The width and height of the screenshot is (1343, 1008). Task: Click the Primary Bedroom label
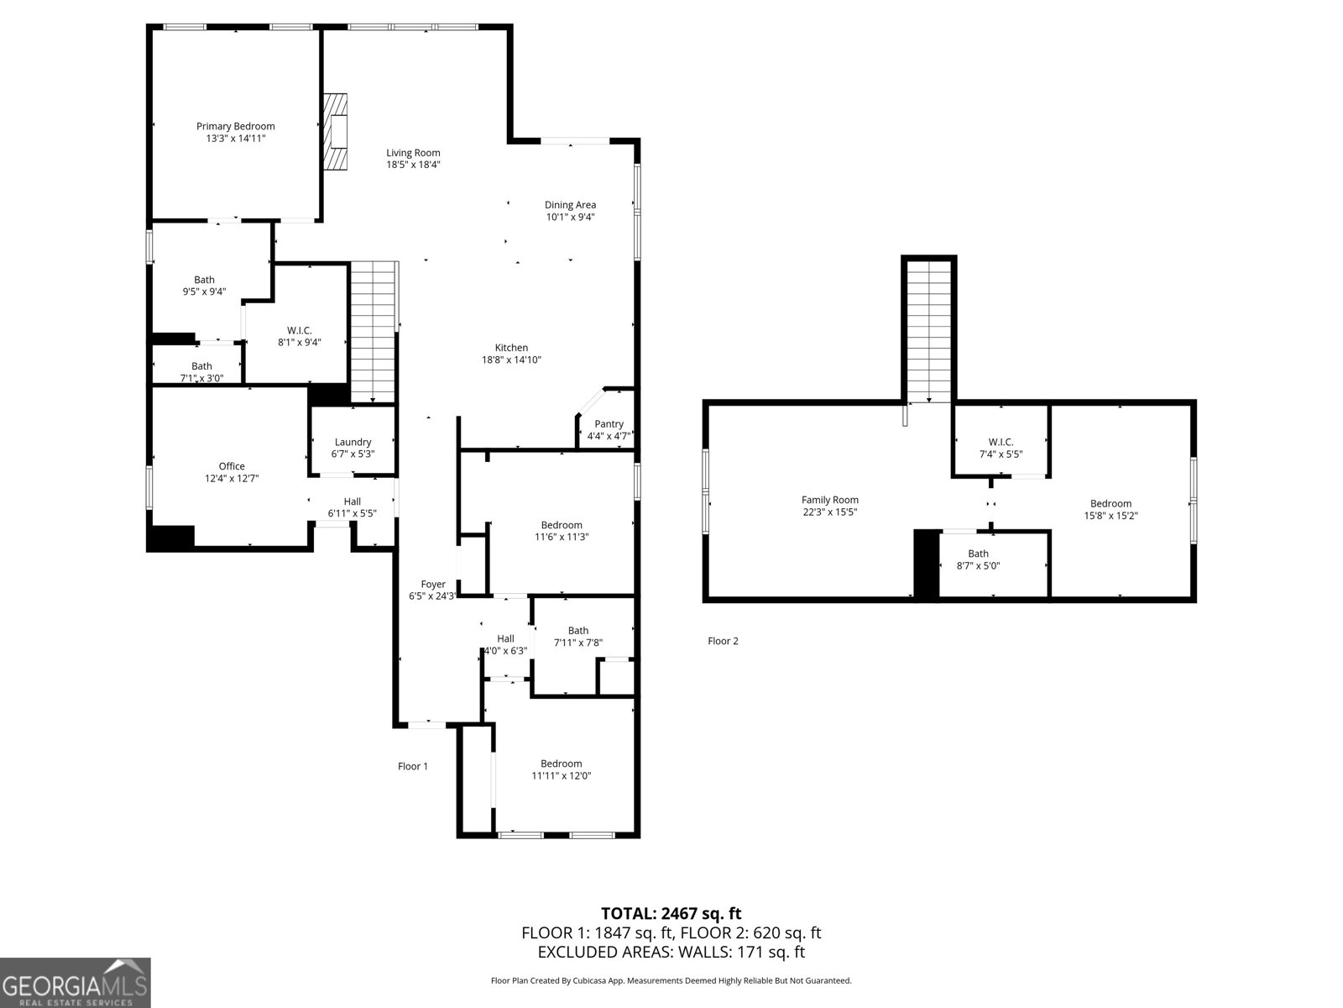[x=236, y=127]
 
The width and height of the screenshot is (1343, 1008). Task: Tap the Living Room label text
[x=413, y=153]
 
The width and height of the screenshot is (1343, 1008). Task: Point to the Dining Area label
[x=571, y=205]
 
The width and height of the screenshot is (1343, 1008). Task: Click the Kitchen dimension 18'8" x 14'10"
[x=511, y=360]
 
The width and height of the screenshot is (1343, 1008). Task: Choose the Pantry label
[x=609, y=424]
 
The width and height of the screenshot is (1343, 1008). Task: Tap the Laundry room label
[x=353, y=442]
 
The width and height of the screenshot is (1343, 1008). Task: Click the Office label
[x=232, y=466]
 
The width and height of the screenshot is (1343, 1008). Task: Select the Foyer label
[x=433, y=585]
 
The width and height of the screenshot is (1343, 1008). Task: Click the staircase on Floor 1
[x=373, y=332]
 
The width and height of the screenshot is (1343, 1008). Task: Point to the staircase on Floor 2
[x=929, y=329]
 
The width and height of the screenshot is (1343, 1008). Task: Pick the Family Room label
[x=830, y=500]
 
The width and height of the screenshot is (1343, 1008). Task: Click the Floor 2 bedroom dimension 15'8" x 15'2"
[x=1110, y=516]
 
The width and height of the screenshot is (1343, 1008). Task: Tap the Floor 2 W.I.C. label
[x=1001, y=442]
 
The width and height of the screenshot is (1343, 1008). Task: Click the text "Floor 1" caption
[x=413, y=766]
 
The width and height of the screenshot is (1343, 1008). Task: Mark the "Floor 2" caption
[x=723, y=641]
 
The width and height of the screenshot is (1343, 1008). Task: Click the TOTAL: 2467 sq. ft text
[x=671, y=913]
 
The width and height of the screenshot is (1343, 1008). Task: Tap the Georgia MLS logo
[x=76, y=983]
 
